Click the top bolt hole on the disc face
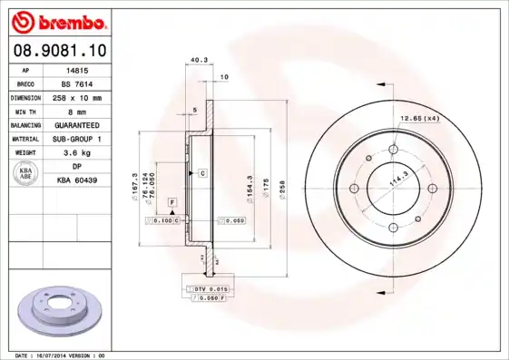tap(396, 151)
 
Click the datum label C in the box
tap(202, 172)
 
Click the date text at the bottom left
tap(60, 355)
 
